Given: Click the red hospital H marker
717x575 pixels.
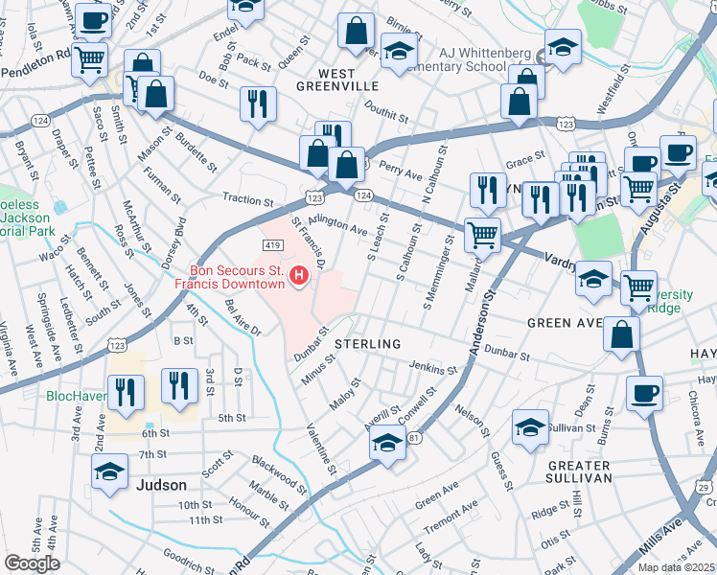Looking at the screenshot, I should [300, 276].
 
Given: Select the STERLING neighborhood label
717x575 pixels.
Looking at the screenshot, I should [367, 343].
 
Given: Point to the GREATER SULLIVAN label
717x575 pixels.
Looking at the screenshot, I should [566, 471].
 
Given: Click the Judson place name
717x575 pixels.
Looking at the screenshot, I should [162, 485].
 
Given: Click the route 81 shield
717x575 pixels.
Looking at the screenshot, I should [413, 438].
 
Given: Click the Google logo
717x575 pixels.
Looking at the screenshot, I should [33, 563].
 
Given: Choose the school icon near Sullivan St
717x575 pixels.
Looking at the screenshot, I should [530, 426].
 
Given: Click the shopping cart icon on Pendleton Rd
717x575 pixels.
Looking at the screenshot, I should [89, 59].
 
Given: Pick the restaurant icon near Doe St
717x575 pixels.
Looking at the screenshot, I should [257, 104].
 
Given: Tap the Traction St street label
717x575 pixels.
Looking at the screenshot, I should [247, 200].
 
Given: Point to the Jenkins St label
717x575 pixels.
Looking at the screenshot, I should [433, 368].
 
